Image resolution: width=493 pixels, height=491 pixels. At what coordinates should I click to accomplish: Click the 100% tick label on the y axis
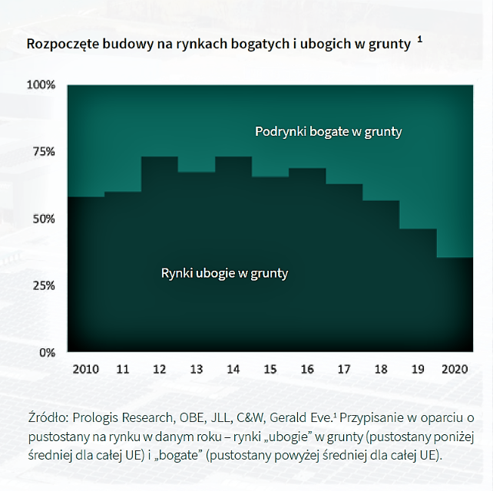(x=41, y=84)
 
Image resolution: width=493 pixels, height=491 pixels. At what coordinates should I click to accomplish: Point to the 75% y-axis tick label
(x=43, y=152)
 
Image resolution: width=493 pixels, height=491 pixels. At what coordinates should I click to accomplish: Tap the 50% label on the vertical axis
(x=43, y=219)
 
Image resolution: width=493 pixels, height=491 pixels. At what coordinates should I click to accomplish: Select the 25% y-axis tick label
(x=43, y=285)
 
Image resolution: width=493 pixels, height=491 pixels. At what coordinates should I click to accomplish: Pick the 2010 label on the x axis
(x=85, y=369)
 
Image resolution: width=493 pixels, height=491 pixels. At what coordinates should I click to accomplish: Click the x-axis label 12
(x=160, y=369)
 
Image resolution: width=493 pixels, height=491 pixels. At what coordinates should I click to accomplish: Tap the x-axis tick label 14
(x=233, y=369)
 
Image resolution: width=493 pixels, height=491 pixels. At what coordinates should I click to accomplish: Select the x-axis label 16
(x=307, y=369)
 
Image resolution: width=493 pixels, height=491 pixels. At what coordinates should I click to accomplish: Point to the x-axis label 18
(x=381, y=369)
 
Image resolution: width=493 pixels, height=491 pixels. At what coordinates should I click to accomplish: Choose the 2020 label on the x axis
(x=456, y=369)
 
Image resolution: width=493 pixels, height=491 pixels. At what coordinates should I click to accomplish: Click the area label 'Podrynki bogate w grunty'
(x=328, y=132)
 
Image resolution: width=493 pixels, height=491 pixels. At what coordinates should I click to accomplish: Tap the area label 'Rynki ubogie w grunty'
(x=224, y=273)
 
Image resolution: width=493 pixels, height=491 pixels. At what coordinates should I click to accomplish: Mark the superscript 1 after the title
(x=420, y=38)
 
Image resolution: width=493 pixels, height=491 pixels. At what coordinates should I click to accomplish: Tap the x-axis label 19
(x=418, y=369)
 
